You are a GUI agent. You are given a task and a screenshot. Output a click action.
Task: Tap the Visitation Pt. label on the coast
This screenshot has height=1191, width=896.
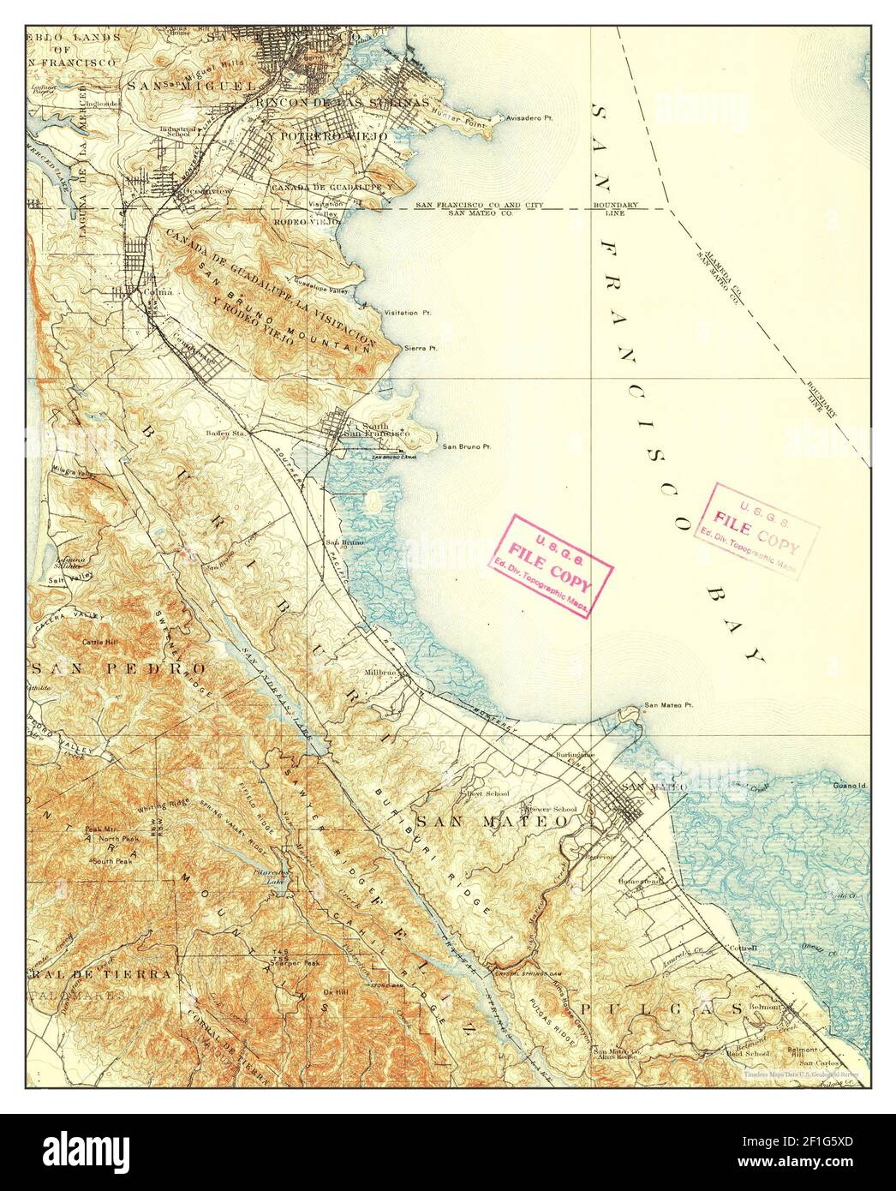click(x=408, y=313)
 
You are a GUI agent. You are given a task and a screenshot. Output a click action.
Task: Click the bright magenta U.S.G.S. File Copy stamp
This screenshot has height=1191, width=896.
click(x=552, y=566)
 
